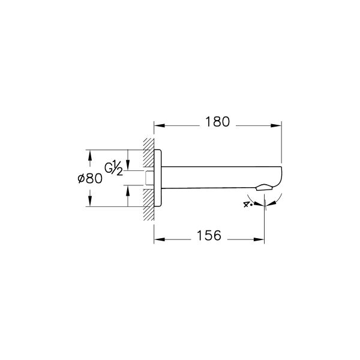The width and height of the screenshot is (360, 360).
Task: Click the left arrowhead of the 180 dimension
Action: (x=158, y=125)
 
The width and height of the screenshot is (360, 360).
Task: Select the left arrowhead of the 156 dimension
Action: (x=158, y=239)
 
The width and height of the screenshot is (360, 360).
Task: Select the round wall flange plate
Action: (x=158, y=178)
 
